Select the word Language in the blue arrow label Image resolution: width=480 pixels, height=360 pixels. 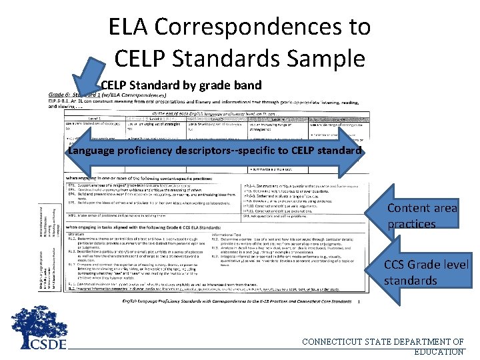93,150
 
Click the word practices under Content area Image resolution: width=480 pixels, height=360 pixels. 411,224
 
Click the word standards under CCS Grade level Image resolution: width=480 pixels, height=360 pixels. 411,281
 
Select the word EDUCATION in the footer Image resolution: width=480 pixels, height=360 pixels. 439,351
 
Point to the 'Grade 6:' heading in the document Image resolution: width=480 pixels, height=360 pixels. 61,95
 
